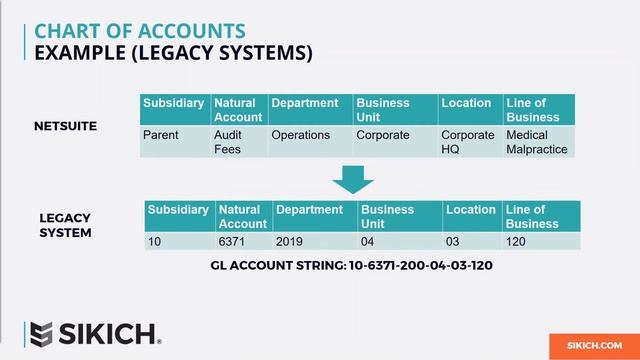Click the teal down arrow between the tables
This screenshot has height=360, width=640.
(352, 178)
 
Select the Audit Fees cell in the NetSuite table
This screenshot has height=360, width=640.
(227, 142)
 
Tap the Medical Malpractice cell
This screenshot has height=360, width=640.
(536, 142)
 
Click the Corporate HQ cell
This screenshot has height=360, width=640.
(468, 142)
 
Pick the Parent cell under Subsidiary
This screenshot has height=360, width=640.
(160, 135)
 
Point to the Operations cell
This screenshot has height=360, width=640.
(300, 135)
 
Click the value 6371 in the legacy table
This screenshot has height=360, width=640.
(231, 241)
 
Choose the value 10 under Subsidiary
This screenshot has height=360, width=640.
(155, 241)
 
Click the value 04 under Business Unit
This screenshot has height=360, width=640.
(369, 241)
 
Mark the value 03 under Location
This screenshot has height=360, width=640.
(454, 241)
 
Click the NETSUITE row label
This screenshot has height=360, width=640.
(65, 126)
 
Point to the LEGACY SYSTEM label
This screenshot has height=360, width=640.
(65, 225)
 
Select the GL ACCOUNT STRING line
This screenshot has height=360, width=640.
(352, 266)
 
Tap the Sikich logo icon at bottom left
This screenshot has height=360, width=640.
(41, 334)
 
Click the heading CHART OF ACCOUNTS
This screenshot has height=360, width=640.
(139, 31)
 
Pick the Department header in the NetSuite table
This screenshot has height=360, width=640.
(309, 103)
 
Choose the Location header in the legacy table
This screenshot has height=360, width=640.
(471, 210)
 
